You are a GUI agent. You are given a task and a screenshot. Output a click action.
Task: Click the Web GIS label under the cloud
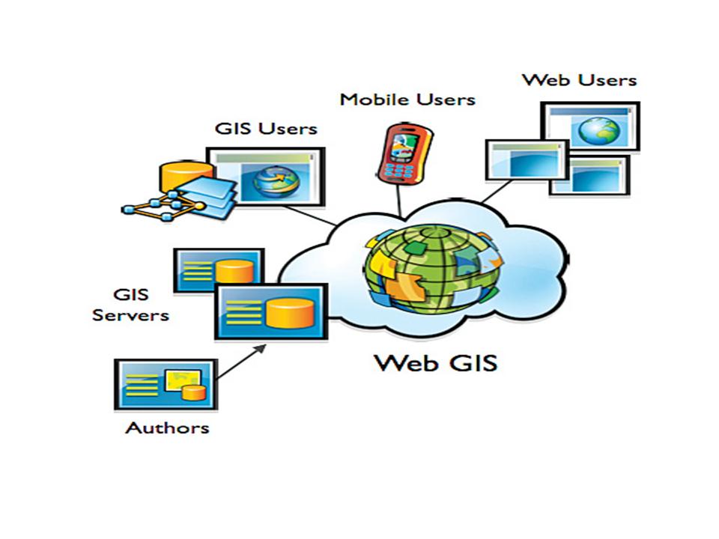[436, 363]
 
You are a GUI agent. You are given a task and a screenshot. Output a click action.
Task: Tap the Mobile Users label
[407, 100]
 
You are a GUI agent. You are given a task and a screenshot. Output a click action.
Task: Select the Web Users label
[580, 80]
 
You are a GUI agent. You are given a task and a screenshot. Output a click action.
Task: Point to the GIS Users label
[266, 128]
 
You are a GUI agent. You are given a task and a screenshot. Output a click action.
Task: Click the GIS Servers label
[130, 305]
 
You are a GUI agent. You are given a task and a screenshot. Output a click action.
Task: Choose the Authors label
[167, 428]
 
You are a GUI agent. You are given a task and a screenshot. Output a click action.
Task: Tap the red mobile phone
[404, 153]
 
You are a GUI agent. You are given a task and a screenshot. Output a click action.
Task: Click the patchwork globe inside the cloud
[432, 269]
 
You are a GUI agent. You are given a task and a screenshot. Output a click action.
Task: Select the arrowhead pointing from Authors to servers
[260, 349]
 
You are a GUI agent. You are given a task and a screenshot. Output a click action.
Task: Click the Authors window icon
[166, 385]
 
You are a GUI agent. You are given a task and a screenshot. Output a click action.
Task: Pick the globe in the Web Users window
[599, 130]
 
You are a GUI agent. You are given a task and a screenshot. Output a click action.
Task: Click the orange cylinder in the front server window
[291, 313]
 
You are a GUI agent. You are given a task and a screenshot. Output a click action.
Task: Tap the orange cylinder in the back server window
[234, 271]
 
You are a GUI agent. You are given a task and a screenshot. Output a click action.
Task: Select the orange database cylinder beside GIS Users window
[185, 177]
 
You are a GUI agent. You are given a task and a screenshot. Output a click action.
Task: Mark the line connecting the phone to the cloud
[399, 201]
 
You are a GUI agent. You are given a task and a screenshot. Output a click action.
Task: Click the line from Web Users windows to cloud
[497, 191]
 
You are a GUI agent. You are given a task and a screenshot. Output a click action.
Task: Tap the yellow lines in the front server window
[243, 312]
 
